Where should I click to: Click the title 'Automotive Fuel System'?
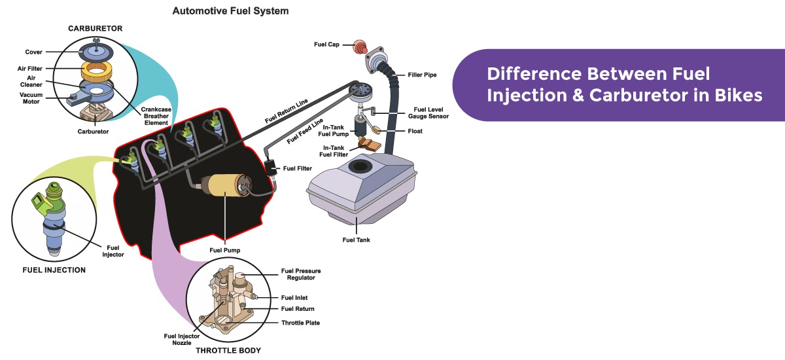click(x=230, y=11)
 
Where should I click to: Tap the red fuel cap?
click(x=358, y=46)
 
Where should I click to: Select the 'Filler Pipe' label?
click(x=422, y=75)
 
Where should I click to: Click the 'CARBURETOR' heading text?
click(x=95, y=29)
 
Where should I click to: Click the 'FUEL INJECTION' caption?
click(x=54, y=270)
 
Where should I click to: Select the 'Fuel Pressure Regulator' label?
click(x=301, y=274)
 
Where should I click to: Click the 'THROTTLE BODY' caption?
click(x=228, y=351)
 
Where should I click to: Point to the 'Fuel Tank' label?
click(x=356, y=240)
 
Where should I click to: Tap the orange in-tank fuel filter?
click(x=368, y=144)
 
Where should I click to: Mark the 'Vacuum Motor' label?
click(x=30, y=98)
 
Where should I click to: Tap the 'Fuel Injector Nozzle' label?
click(x=178, y=339)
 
